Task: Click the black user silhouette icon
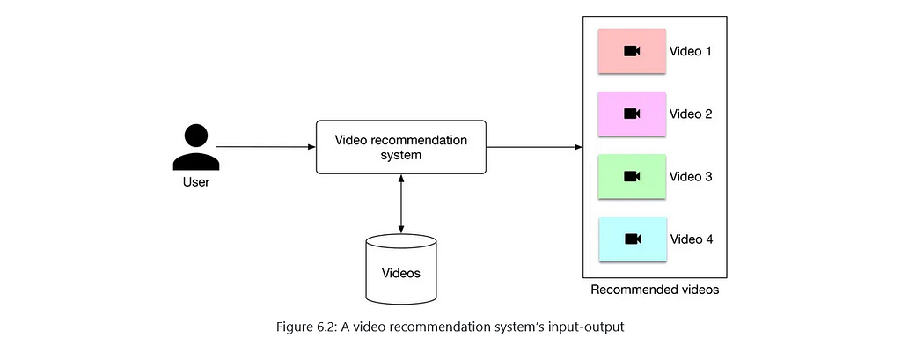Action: pyautogui.click(x=196, y=148)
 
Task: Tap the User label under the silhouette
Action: pyautogui.click(x=196, y=183)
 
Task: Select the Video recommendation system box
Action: pyautogui.click(x=401, y=147)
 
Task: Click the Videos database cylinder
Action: pyautogui.click(x=401, y=268)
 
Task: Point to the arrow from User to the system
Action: pyautogui.click(x=266, y=147)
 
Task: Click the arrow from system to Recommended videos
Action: pyautogui.click(x=534, y=147)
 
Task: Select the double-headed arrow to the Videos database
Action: pyautogui.click(x=401, y=203)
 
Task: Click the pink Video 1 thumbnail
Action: pyautogui.click(x=632, y=51)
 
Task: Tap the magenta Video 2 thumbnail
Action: pyautogui.click(x=632, y=114)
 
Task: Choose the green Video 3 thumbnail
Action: pyautogui.click(x=632, y=176)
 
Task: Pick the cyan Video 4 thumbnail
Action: pyautogui.click(x=632, y=239)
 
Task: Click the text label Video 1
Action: pyautogui.click(x=691, y=51)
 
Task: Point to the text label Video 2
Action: pyautogui.click(x=691, y=114)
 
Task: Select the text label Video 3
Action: pyautogui.click(x=691, y=177)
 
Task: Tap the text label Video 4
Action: pyautogui.click(x=692, y=239)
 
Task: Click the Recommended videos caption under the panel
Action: pyautogui.click(x=655, y=290)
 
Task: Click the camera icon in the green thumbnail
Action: pyautogui.click(x=632, y=176)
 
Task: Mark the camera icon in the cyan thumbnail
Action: pyautogui.click(x=632, y=239)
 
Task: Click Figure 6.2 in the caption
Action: pyautogui.click(x=306, y=327)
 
